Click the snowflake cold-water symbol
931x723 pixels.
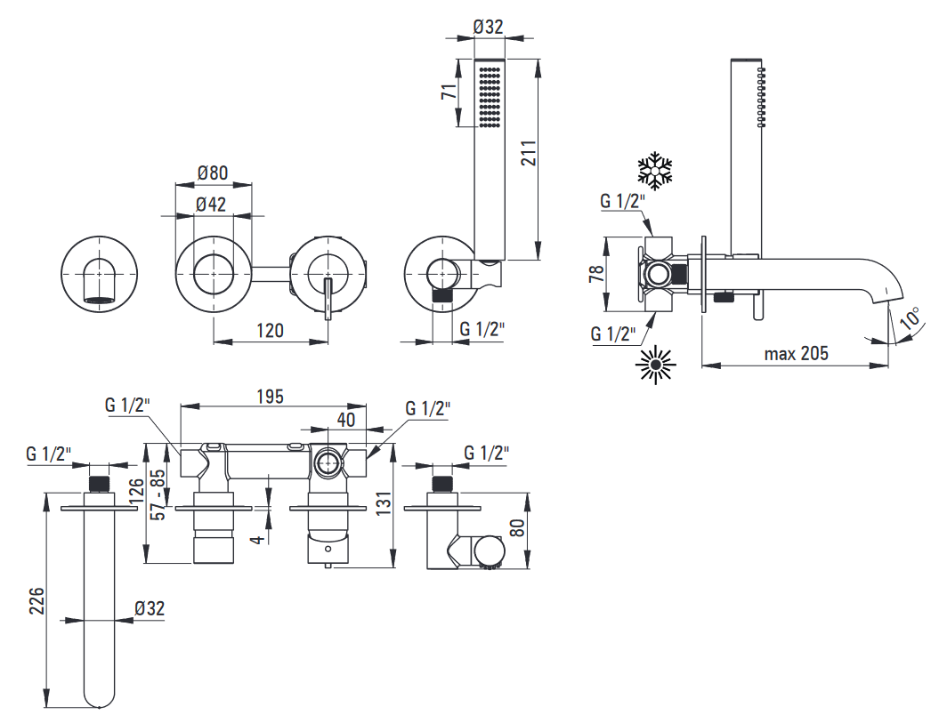(655, 171)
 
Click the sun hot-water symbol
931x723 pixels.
(655, 365)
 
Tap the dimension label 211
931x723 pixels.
(528, 152)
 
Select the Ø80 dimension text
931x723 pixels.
(213, 173)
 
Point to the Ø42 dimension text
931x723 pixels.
(211, 204)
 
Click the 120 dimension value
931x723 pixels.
(270, 330)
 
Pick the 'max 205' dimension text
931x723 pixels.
(796, 353)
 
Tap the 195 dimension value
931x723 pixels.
(271, 397)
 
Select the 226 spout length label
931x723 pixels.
(36, 600)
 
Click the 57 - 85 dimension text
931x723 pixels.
(158, 494)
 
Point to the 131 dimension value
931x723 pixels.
(384, 503)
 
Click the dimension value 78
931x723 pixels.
(596, 273)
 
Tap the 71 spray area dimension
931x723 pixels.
(449, 92)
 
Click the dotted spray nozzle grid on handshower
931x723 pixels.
(490, 97)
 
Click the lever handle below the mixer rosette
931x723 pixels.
(328, 300)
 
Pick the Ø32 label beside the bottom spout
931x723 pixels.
(149, 608)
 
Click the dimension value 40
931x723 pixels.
(346, 420)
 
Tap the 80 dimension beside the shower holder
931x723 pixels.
(517, 527)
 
